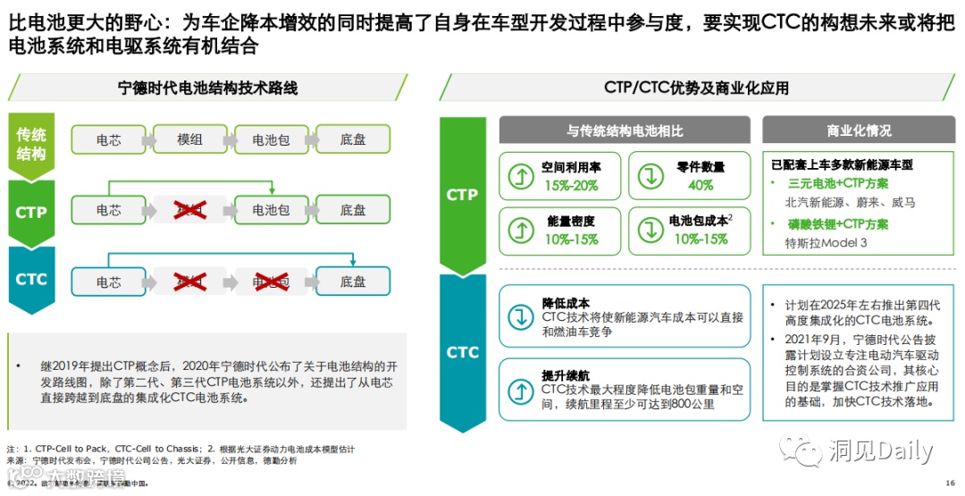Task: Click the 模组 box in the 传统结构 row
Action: click(190, 139)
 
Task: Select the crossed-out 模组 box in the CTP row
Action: click(190, 210)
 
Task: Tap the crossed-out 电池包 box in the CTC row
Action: click(271, 282)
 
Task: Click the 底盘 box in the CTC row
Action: click(353, 282)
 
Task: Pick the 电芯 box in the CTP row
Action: click(109, 210)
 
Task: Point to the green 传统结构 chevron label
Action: click(31, 144)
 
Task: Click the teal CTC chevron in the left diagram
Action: click(31, 280)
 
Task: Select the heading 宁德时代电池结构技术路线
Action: click(208, 88)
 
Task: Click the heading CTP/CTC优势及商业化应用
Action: click(696, 88)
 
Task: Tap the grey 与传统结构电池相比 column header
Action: click(625, 130)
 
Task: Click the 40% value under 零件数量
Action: click(701, 185)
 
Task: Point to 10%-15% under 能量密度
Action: click(571, 239)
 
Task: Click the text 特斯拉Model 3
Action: click(826, 243)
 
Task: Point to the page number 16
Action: click(950, 482)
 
